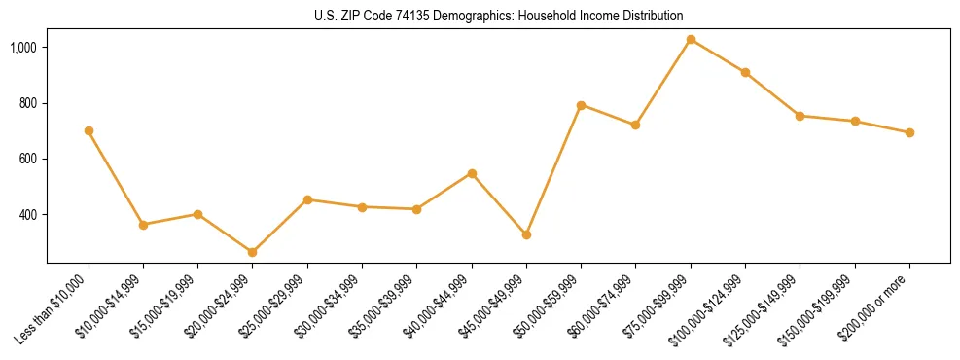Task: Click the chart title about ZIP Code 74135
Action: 499,16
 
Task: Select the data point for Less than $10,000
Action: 89,130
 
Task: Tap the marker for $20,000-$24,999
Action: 253,252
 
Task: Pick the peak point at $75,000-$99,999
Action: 691,40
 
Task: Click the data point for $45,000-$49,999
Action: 526,234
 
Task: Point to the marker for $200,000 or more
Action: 909,132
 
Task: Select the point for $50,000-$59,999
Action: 581,105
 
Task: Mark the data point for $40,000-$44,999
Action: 472,173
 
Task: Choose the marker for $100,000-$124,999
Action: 745,72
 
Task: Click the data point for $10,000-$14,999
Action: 143,225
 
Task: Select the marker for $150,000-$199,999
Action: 855,121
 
